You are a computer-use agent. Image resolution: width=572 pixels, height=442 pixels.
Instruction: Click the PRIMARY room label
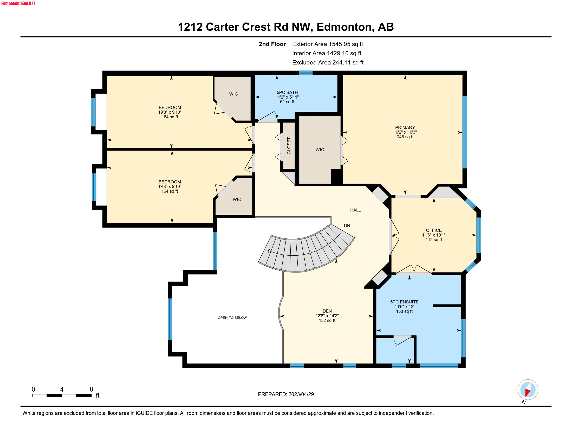pyautogui.click(x=405, y=127)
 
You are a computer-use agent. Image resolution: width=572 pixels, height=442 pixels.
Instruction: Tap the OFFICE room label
pyautogui.click(x=433, y=230)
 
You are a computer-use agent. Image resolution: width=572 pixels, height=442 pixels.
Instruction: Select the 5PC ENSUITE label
pyautogui.click(x=404, y=302)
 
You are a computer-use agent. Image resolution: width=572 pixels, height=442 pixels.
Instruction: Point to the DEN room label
pyautogui.click(x=327, y=311)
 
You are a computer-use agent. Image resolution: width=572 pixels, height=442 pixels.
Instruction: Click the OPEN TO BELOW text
pyautogui.click(x=232, y=318)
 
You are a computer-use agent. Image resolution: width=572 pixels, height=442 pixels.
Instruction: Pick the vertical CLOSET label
pyautogui.click(x=289, y=146)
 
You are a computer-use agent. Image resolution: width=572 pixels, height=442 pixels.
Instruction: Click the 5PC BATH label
pyautogui.click(x=287, y=93)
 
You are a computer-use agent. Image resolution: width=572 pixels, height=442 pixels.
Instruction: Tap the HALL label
pyautogui.click(x=355, y=210)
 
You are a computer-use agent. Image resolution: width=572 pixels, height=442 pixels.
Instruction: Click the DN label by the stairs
pyautogui.click(x=347, y=226)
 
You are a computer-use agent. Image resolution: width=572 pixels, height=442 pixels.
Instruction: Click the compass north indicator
pyautogui.click(x=528, y=390)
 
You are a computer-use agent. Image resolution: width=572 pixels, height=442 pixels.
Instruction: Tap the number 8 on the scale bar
pyautogui.click(x=91, y=389)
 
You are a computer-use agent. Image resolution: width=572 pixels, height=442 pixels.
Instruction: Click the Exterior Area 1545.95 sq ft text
pyautogui.click(x=327, y=44)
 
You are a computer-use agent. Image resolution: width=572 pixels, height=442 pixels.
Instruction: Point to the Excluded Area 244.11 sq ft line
pyautogui.click(x=328, y=62)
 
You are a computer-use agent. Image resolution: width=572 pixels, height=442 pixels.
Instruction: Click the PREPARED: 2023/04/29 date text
pyautogui.click(x=285, y=394)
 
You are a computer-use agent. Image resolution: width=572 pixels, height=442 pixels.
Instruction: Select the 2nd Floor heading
pyautogui.click(x=272, y=44)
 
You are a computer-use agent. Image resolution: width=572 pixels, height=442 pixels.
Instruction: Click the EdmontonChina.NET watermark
pyautogui.click(x=18, y=3)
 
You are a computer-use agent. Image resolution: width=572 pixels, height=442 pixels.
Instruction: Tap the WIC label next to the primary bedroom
pyautogui.click(x=320, y=150)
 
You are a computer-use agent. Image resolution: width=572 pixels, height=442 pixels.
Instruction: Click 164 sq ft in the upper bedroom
pyautogui.click(x=170, y=117)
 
